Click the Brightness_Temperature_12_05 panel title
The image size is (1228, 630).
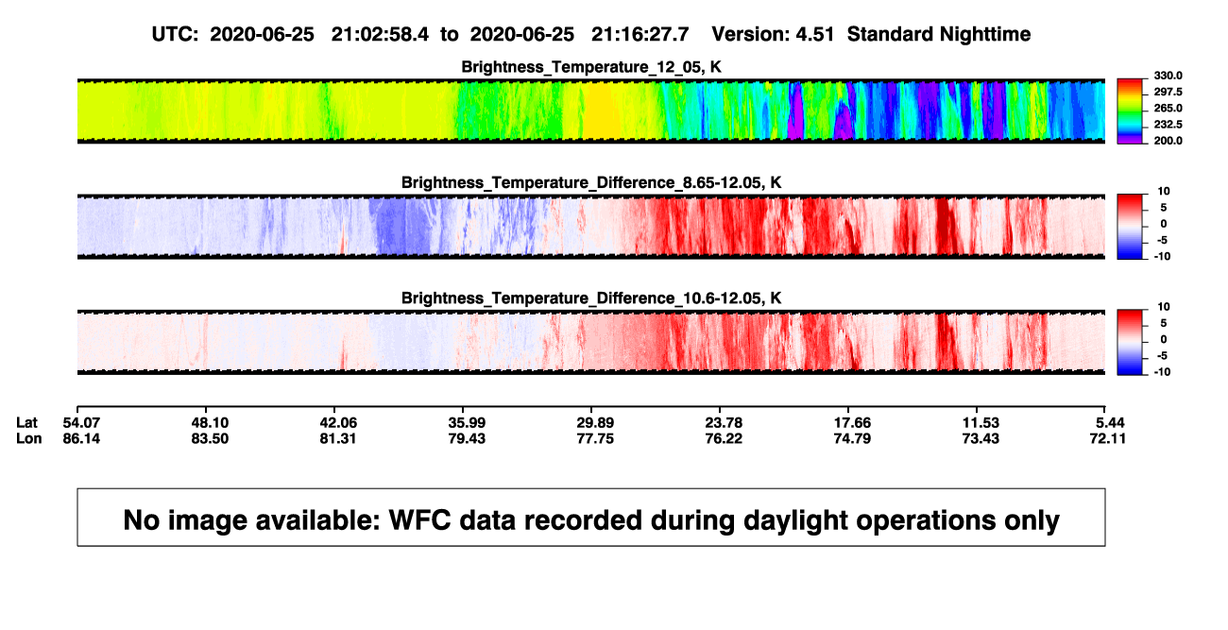tap(591, 67)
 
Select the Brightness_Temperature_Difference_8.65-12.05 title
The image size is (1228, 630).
tap(591, 182)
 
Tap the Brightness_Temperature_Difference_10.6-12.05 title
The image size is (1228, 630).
tap(591, 298)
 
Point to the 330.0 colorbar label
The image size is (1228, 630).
tap(1168, 76)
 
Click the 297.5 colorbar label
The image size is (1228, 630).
tap(1168, 92)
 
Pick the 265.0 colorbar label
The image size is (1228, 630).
tap(1168, 108)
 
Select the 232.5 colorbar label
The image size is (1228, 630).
tap(1168, 125)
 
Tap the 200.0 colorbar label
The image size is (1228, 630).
tap(1168, 141)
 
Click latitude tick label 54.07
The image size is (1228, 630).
tap(81, 423)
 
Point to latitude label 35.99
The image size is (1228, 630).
tap(467, 423)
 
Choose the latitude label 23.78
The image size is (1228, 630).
tap(724, 423)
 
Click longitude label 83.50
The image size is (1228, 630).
tap(210, 438)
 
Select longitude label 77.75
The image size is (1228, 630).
tap(595, 438)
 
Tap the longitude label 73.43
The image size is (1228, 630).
tap(981, 438)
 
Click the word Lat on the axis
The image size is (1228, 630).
tap(26, 423)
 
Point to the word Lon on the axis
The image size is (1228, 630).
tap(28, 438)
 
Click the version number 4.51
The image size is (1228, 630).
tap(814, 34)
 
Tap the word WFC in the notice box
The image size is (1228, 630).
tap(419, 519)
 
